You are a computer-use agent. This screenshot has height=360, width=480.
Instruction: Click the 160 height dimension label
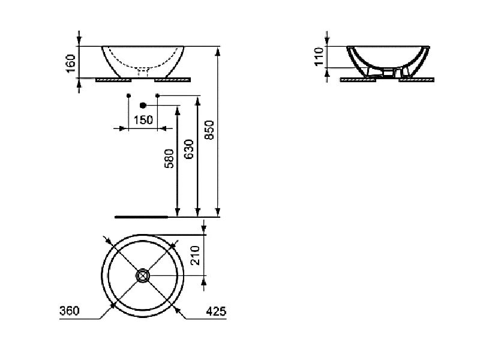coord(70,63)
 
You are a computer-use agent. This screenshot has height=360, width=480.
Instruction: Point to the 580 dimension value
coord(170,159)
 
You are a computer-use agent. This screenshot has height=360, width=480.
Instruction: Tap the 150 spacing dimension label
coord(143,120)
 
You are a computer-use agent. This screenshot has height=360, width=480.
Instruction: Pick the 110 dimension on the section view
coord(319,56)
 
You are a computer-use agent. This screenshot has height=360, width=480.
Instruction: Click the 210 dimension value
coord(194,255)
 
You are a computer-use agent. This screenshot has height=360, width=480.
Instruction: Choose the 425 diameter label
coord(214,311)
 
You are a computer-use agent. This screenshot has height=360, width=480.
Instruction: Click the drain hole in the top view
coord(142,275)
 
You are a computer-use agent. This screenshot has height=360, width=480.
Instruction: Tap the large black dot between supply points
coord(142,104)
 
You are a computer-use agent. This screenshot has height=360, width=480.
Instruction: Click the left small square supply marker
coord(128,95)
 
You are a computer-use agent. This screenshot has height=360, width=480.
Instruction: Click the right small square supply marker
coord(157,95)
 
